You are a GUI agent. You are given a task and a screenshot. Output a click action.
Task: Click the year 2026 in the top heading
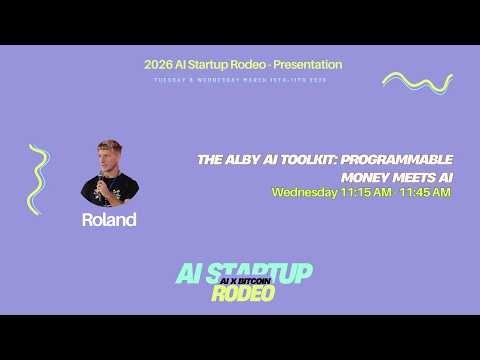(157, 65)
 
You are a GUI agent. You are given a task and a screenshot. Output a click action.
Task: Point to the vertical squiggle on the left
(39, 179)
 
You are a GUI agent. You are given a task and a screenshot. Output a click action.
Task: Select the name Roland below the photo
(109, 220)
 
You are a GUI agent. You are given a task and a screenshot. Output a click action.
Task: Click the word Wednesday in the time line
(304, 192)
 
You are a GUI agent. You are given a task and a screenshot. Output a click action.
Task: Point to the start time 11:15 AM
(365, 192)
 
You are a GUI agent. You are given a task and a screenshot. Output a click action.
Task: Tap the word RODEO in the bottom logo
(242, 294)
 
